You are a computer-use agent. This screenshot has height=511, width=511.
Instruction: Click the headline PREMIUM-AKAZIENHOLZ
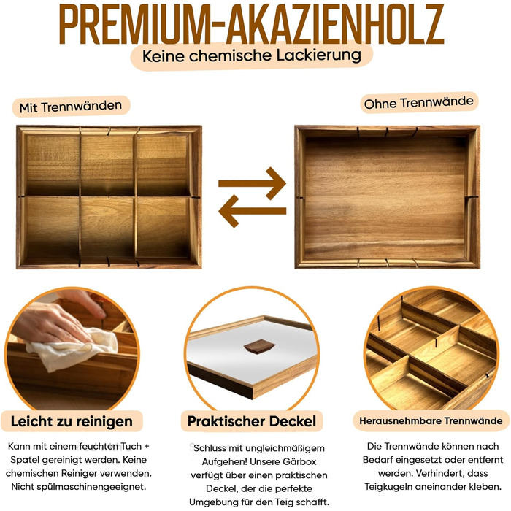pos(251,24)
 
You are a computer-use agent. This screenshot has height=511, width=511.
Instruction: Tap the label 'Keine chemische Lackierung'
pos(252,55)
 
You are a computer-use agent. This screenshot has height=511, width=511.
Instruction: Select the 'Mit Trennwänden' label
pos(71,107)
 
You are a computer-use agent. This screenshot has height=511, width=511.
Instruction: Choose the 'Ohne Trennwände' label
pos(419,103)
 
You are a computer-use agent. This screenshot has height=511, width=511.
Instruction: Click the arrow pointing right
pos(253,183)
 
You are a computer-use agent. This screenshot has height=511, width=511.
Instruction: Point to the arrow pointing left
pos(253,211)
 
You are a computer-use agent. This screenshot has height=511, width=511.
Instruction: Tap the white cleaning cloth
pos(73,350)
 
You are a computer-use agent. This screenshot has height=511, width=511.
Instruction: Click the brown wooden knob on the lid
pos(259,346)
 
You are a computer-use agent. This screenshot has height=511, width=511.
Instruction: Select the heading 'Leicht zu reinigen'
pos(72,421)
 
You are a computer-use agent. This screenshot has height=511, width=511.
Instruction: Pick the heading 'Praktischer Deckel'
pos(252,421)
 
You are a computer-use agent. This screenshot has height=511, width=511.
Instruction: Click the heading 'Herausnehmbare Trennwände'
pos(431,420)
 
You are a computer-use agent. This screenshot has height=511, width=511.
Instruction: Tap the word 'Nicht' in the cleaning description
pos(23,487)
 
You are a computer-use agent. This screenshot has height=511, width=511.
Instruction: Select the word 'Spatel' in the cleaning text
pos(23,460)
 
